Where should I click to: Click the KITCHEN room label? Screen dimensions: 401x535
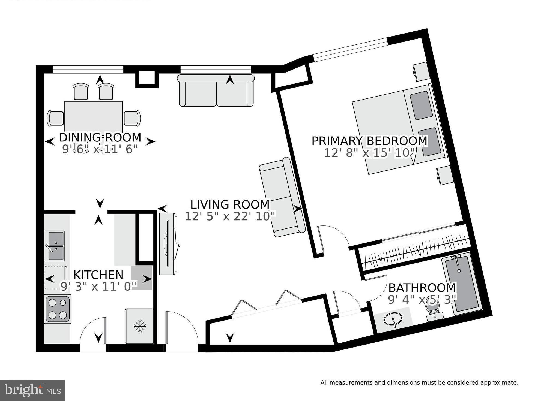(98, 275)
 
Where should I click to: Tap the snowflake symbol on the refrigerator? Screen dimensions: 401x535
(140, 326)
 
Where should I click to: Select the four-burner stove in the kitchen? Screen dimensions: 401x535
(58, 309)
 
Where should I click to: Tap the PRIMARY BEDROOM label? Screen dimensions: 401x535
(369, 141)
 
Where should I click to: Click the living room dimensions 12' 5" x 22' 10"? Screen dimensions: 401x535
(230, 216)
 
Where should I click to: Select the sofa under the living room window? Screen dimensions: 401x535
(216, 91)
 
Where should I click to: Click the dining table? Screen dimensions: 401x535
(94, 116)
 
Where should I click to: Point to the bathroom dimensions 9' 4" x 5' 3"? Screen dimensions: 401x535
(422, 300)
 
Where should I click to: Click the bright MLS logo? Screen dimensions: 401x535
(32, 390)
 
